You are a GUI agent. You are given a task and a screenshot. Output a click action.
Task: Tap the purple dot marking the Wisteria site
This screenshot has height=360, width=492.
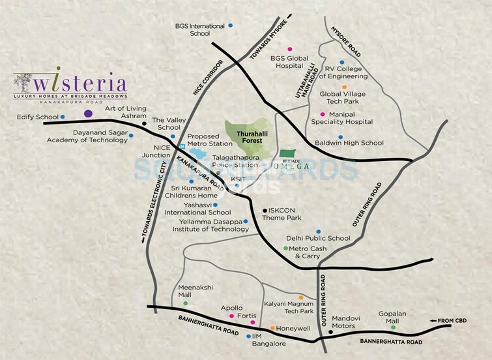pyautogui.click(x=88, y=114)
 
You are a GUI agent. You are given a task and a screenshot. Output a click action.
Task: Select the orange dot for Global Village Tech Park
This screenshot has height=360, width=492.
pyautogui.click(x=345, y=87)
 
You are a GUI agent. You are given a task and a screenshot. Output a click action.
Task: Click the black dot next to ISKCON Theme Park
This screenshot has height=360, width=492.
pyautogui.click(x=263, y=210)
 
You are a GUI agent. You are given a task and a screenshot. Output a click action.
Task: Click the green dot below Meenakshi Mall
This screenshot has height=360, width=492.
pyautogui.click(x=186, y=303)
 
